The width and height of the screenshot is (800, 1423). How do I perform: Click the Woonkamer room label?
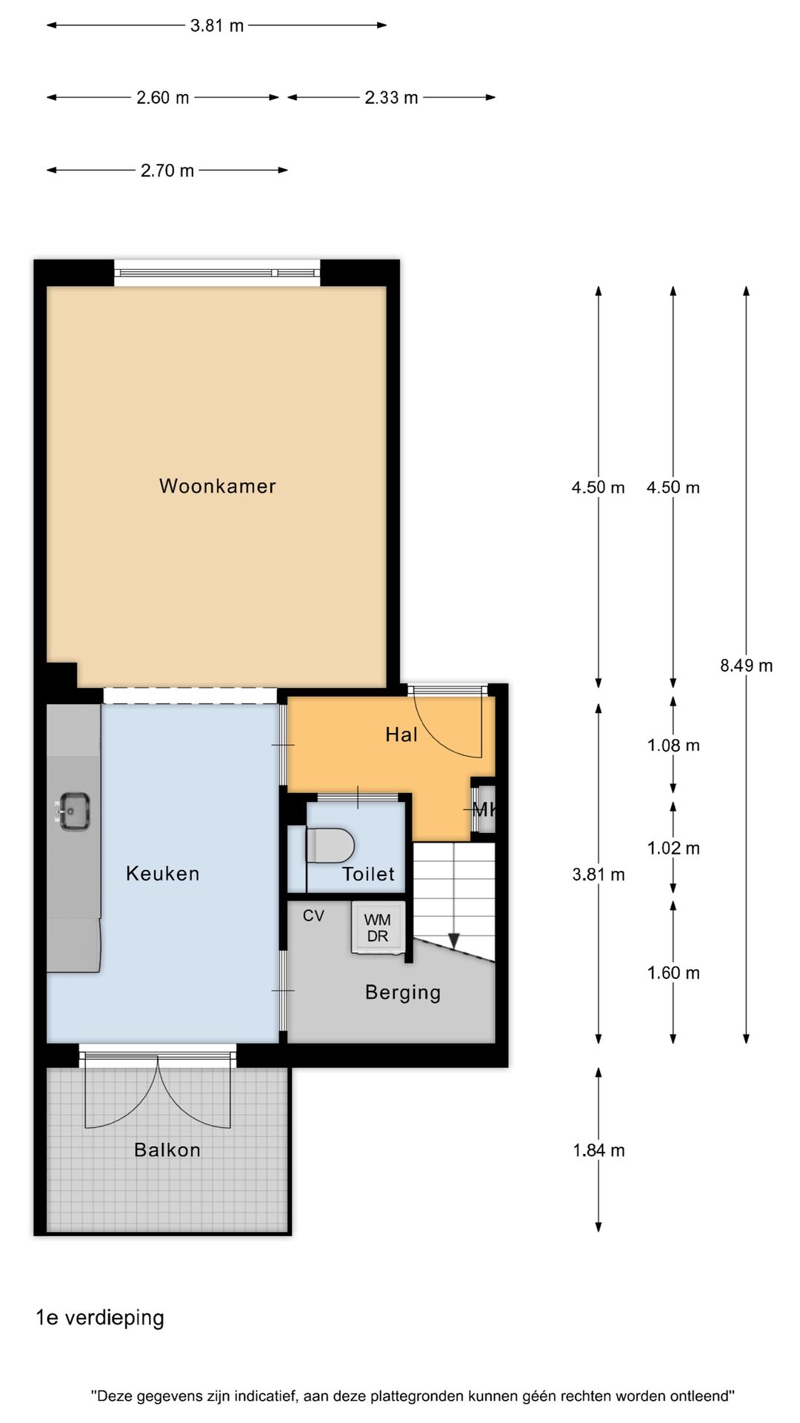coord(217,486)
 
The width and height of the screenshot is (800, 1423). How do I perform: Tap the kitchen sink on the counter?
coord(74,810)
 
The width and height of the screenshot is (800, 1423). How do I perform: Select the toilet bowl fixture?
coord(331,846)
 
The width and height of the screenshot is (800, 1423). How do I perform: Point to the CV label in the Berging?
coord(313,916)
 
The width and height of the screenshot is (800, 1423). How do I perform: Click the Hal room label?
coord(401,734)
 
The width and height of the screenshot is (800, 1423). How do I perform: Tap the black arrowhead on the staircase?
coord(454,940)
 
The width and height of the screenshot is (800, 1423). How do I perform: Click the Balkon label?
coord(167,1150)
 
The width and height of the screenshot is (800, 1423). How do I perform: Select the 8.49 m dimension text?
coord(746,666)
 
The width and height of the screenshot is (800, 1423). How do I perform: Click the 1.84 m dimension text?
coord(599,1150)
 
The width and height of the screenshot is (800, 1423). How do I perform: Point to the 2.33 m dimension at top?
coord(391,98)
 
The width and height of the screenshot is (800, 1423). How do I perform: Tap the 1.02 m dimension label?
coord(673,848)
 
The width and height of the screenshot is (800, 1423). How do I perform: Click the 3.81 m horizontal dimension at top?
coord(217,26)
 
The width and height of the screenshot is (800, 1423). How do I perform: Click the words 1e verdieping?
coord(100,1318)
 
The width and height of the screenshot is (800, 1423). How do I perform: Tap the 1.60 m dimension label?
coord(673,973)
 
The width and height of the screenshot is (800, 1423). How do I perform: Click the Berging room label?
coord(403,992)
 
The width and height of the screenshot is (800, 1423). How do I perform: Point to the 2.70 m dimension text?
coord(167,170)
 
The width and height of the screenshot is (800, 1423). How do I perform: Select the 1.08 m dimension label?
coord(673,746)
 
